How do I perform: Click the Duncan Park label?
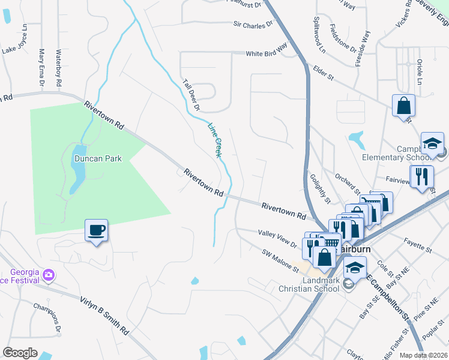pos(98,159)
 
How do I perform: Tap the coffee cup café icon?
pos(96,230)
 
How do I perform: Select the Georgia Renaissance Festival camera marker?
pos(49,275)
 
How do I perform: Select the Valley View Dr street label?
pos(277,238)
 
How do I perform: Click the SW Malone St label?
pos(280,261)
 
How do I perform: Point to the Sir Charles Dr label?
pos(253,25)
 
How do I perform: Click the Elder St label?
pos(322,73)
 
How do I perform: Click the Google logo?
pos(20,352)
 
